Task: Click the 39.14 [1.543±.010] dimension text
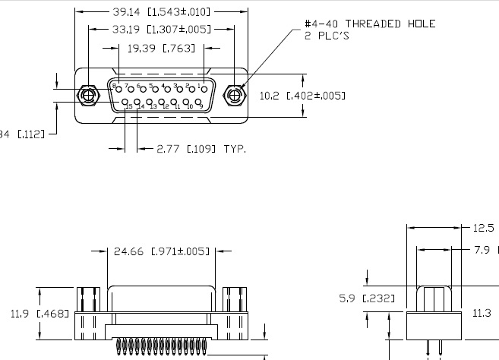[160, 12]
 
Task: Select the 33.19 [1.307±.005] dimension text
[159, 29]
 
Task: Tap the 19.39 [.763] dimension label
[160, 48]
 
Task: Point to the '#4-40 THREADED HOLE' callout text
[370, 24]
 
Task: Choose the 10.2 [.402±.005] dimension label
[302, 96]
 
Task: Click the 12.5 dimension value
[484, 227]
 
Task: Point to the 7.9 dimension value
[484, 248]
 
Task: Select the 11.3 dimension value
[484, 312]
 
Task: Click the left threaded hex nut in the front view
[90, 95]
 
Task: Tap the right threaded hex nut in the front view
[235, 95]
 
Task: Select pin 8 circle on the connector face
[119, 89]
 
